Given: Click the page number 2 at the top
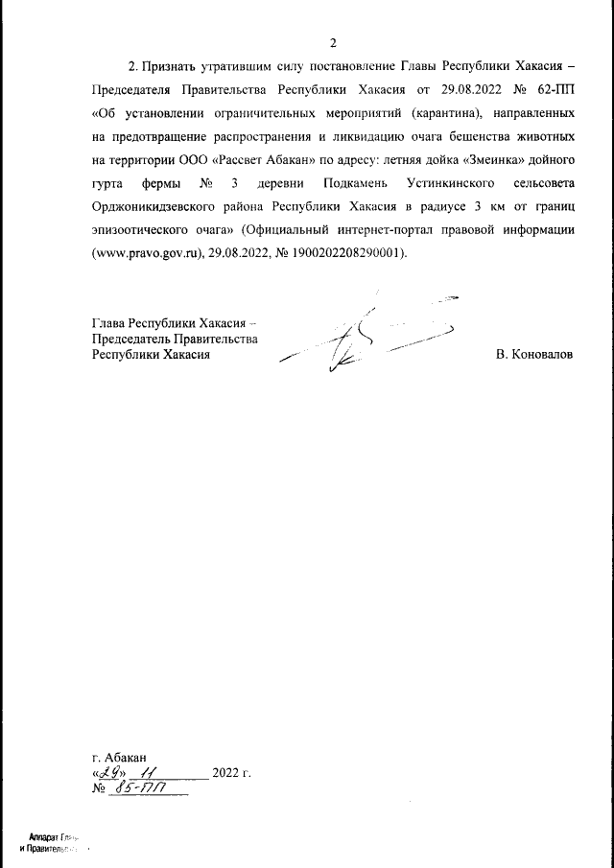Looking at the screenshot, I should pos(333,43).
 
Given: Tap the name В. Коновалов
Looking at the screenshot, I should pos(535,355).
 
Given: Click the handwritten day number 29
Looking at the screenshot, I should pos(109,772).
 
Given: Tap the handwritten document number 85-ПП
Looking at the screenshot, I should pos(139,789).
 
